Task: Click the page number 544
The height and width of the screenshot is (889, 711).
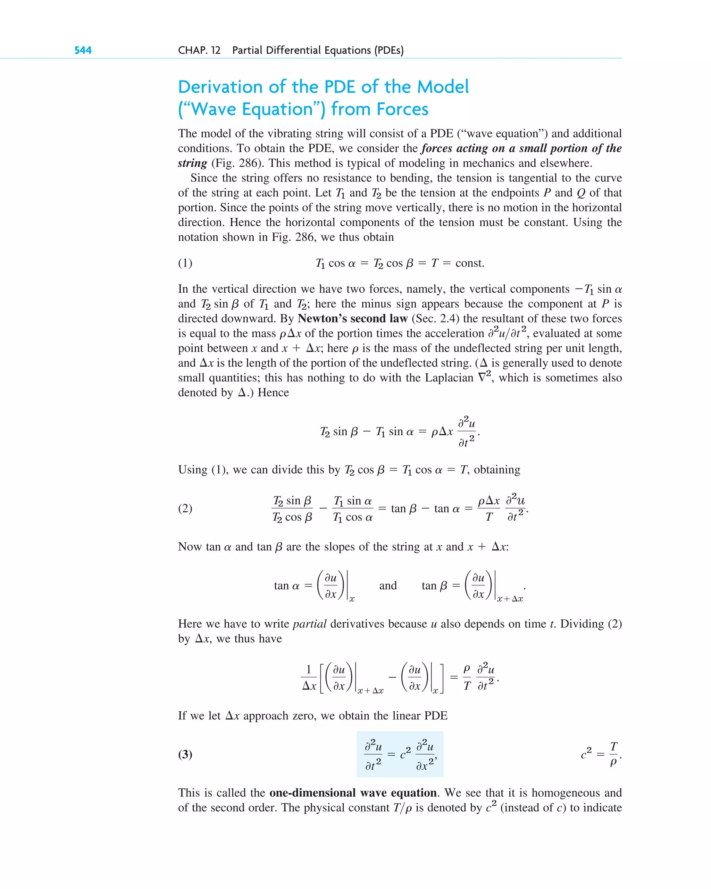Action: pos(83,50)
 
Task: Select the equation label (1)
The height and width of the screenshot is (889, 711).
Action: pos(185,263)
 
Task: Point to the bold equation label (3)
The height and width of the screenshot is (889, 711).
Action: pos(185,754)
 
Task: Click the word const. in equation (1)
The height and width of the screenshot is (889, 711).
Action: pos(470,263)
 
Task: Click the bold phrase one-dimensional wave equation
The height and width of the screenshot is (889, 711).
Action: pos(353,792)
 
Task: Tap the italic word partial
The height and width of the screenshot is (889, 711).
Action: pos(309,624)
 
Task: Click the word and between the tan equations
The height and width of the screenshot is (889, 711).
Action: pos(388,586)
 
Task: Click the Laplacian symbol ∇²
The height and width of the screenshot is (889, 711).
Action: pos(484,377)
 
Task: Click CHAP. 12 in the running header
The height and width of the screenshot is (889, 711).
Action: pos(199,50)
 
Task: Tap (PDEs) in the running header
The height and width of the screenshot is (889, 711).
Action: pos(389,50)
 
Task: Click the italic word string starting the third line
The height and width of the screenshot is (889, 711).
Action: pos(192,163)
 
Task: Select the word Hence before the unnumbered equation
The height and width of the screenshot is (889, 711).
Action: pos(273,393)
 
